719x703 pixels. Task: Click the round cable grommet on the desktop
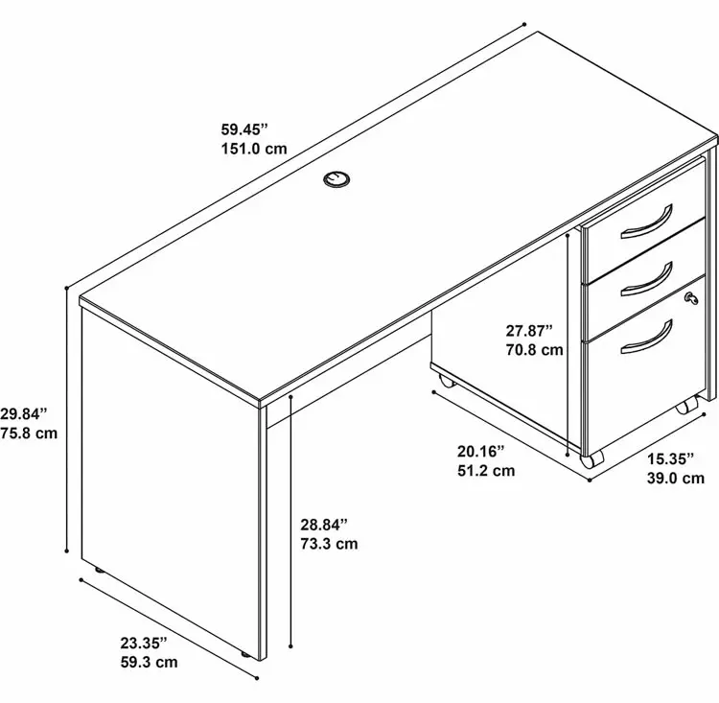point(336,179)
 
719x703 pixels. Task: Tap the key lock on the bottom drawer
point(691,298)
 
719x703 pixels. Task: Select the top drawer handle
point(647,223)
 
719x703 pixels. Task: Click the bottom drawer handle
point(647,339)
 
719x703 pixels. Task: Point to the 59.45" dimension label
point(244,129)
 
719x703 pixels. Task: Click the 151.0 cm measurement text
point(254,149)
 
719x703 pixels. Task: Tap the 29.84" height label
point(23,414)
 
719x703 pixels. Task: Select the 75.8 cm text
point(29,434)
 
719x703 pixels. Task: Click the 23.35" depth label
point(144,643)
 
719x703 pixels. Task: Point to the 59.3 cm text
point(149,662)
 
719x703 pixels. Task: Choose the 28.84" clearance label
point(324,524)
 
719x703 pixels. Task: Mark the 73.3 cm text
point(329,544)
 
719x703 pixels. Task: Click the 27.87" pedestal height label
point(529,330)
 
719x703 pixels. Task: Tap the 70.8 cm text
point(535,350)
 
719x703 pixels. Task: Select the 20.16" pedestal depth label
point(480,451)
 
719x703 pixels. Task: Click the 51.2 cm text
point(486,470)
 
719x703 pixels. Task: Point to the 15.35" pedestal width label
point(670,458)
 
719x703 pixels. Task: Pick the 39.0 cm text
point(676,478)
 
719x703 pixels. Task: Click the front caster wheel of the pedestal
point(592,458)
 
